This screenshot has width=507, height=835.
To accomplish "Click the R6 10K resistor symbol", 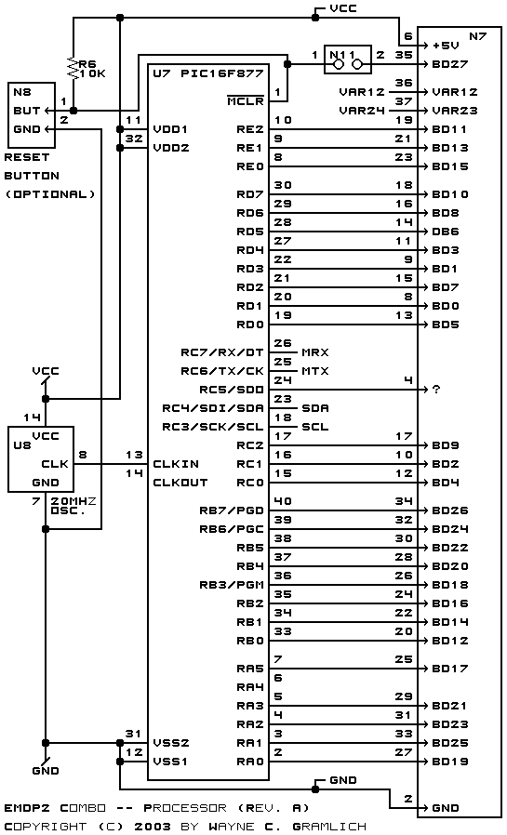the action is (x=73, y=69).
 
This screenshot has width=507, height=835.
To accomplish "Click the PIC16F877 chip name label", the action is (x=222, y=73).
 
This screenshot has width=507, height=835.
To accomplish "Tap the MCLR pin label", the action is (x=246, y=100).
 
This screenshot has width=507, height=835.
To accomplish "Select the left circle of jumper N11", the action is (x=339, y=65).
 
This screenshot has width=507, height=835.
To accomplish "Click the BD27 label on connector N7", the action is (x=450, y=64).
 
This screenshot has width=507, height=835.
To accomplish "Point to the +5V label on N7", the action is (x=446, y=46).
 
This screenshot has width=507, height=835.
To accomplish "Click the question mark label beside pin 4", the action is (x=436, y=390).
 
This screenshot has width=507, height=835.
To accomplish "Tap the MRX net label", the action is (x=315, y=352).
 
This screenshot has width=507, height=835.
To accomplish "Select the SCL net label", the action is (x=315, y=427).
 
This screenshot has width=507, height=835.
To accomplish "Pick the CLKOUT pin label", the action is (x=180, y=483).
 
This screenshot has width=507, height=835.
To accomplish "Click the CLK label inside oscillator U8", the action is (x=55, y=464).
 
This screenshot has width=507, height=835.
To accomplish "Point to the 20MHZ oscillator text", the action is (x=73, y=501).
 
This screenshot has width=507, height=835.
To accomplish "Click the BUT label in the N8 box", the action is (x=27, y=111).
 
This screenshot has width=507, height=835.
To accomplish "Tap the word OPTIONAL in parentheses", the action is (x=50, y=194).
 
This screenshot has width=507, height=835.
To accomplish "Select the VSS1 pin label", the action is (x=171, y=762).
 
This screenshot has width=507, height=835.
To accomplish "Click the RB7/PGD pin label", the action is (x=232, y=510).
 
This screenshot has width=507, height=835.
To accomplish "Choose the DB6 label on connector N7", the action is (x=446, y=232).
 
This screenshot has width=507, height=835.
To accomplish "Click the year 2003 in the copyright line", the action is (x=153, y=827).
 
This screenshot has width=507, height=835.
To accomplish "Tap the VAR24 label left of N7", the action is (x=362, y=111).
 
